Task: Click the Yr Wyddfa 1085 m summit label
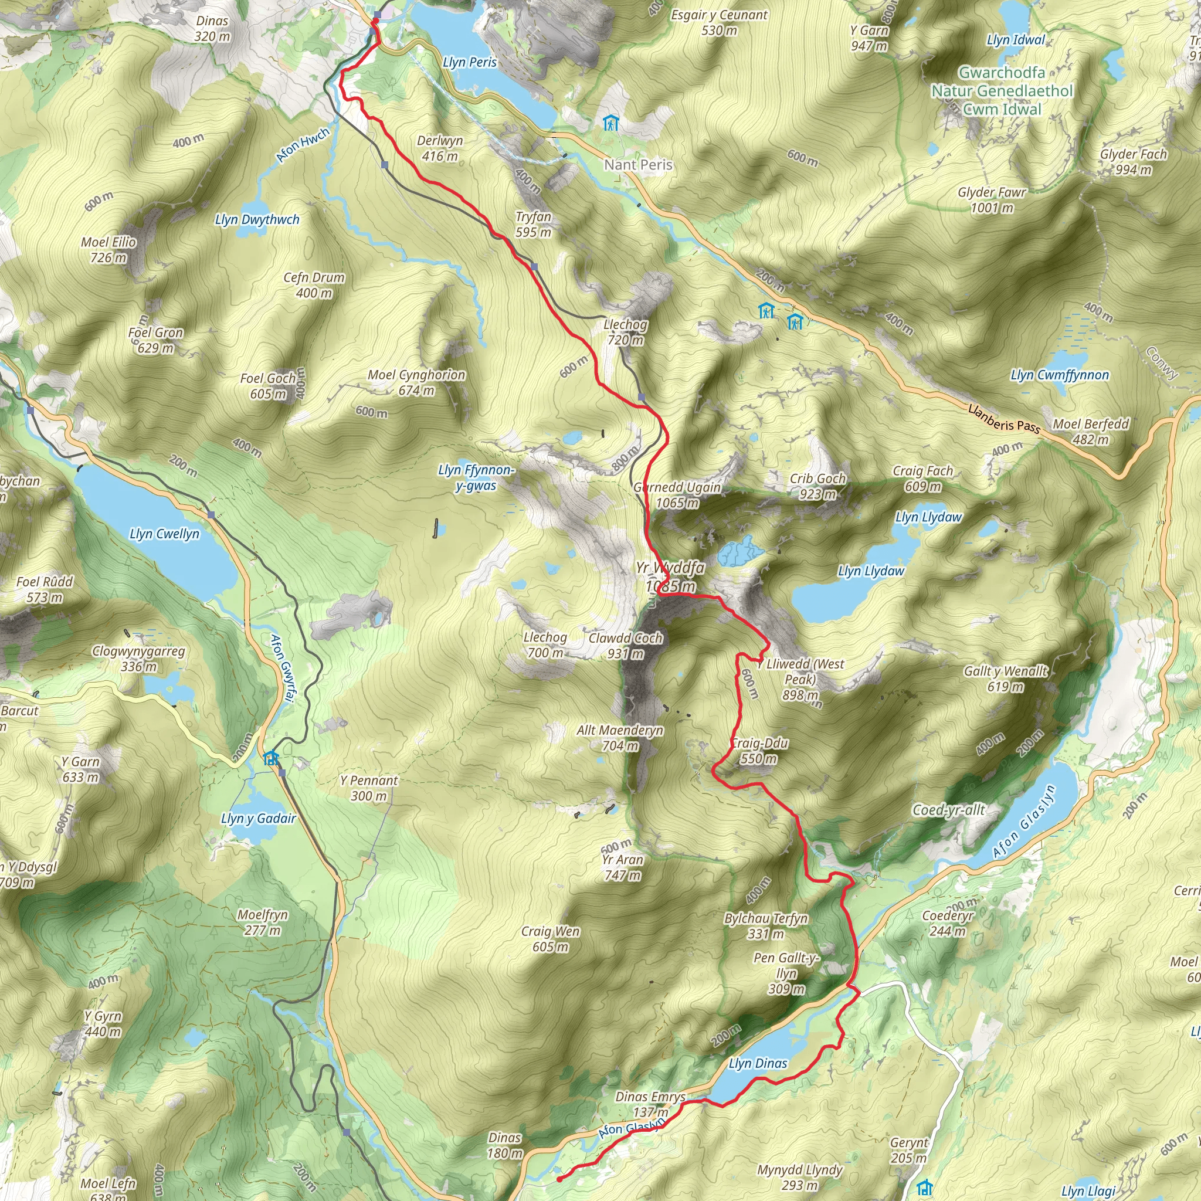click(x=670, y=576)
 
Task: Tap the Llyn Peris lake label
click(x=469, y=62)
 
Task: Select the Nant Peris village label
click(x=639, y=165)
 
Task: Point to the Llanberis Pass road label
click(x=1003, y=418)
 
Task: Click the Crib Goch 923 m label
click(x=817, y=486)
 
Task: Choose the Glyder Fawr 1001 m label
click(x=992, y=199)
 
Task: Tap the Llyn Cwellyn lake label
click(x=164, y=534)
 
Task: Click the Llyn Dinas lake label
click(x=758, y=1063)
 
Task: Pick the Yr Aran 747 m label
click(x=622, y=867)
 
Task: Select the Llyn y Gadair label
click(x=258, y=818)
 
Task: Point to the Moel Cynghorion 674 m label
click(x=416, y=382)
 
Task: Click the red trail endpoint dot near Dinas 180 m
click(x=559, y=1179)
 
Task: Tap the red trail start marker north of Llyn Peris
click(x=374, y=22)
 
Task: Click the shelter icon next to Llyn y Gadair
click(x=270, y=758)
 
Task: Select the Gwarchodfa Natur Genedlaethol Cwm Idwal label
click(x=1002, y=91)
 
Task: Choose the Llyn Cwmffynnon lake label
click(x=1059, y=375)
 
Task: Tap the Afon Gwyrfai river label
click(x=281, y=669)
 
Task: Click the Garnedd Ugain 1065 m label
click(x=677, y=495)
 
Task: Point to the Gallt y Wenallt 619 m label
click(x=1005, y=678)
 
